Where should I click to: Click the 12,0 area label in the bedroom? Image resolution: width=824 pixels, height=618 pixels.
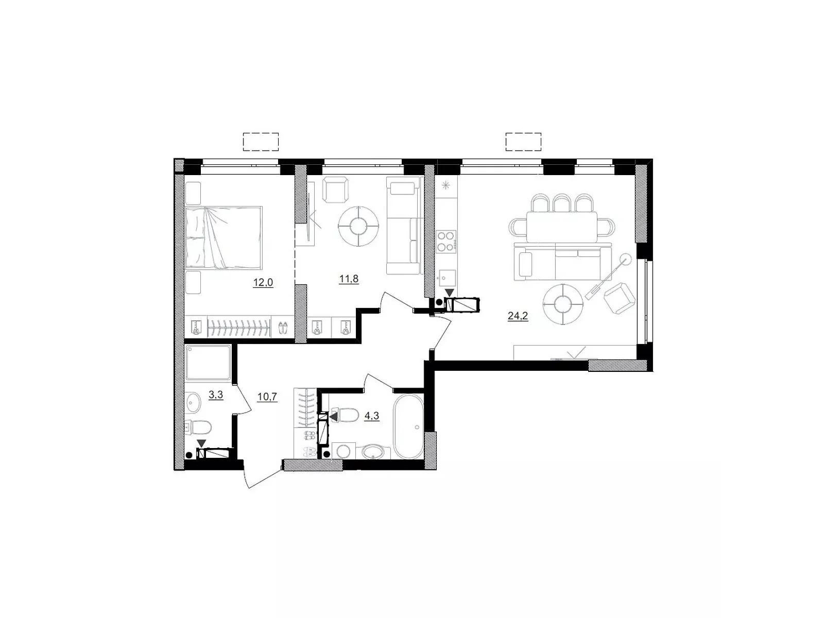point(263,282)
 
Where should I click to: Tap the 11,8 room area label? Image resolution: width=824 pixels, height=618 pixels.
point(349,280)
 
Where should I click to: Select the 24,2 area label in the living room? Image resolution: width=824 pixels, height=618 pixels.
point(518,316)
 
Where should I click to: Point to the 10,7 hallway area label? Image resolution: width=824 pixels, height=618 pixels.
point(267,397)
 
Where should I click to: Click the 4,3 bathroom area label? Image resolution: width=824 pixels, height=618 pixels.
point(372,416)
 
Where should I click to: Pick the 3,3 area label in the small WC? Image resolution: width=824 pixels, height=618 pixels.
point(216,395)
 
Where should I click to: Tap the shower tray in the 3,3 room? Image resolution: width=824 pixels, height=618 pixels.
point(208,362)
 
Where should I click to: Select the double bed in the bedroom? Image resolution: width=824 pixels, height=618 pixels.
point(224,237)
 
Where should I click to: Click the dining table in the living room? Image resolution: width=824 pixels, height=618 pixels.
point(561,227)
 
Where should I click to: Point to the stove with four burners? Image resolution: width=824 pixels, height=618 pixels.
point(447,241)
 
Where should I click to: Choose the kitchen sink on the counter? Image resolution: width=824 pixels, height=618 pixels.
point(445,279)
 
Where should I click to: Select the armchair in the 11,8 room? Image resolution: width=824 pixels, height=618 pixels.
point(335,190)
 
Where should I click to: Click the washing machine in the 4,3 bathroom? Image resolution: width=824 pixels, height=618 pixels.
point(344,451)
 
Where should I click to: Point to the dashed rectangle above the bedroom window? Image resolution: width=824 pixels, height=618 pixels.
point(261,142)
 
